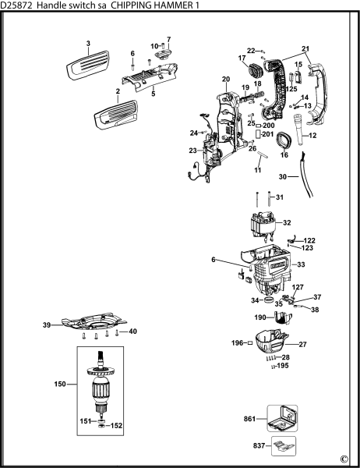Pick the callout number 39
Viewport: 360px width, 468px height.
tap(46, 324)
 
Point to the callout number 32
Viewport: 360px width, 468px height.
tap(287, 222)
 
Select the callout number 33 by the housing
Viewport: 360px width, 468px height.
tap(302, 265)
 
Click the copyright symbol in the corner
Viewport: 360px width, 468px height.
tap(344, 459)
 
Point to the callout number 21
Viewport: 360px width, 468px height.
tap(305, 49)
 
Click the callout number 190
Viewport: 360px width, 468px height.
tap(259, 317)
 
